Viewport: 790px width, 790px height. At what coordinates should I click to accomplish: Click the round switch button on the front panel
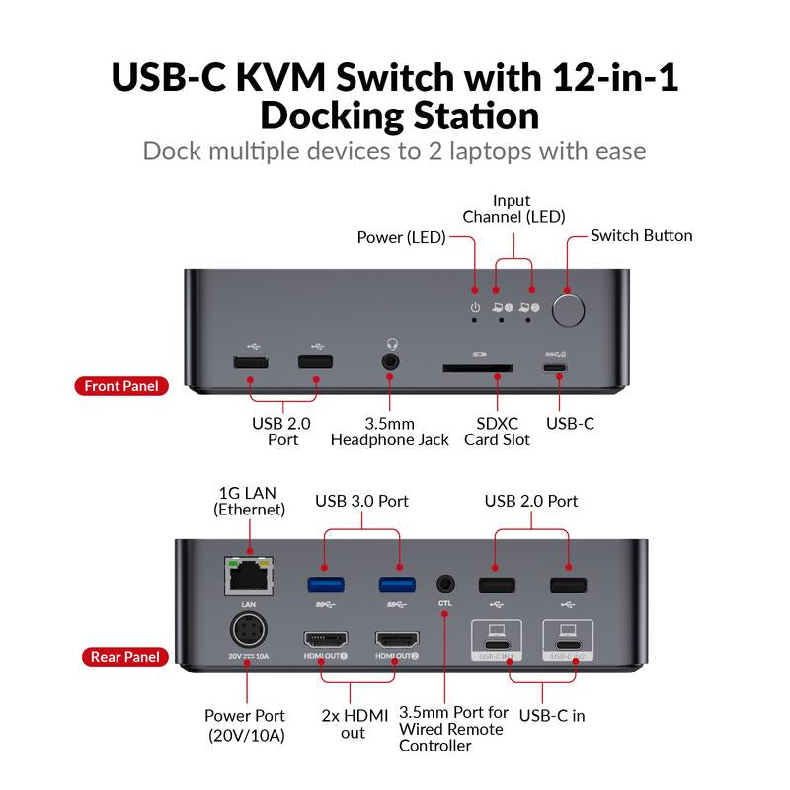coord(568,310)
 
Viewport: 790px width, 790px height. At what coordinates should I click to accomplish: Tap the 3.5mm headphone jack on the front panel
coord(392,362)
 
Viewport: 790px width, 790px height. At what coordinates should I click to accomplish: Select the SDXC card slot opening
coord(477,368)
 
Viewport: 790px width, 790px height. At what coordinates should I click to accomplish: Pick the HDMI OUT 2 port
coord(396,639)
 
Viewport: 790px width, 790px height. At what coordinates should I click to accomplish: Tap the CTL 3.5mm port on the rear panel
coord(446,583)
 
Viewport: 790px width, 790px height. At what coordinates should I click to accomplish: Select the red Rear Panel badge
coord(122,656)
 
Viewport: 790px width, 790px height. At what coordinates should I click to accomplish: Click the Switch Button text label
coord(641,235)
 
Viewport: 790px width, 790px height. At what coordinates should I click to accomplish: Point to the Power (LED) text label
coord(401,237)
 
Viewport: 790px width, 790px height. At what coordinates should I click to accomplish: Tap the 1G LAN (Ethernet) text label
coord(249,501)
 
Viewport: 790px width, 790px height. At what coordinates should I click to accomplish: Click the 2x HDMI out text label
coord(353,724)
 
